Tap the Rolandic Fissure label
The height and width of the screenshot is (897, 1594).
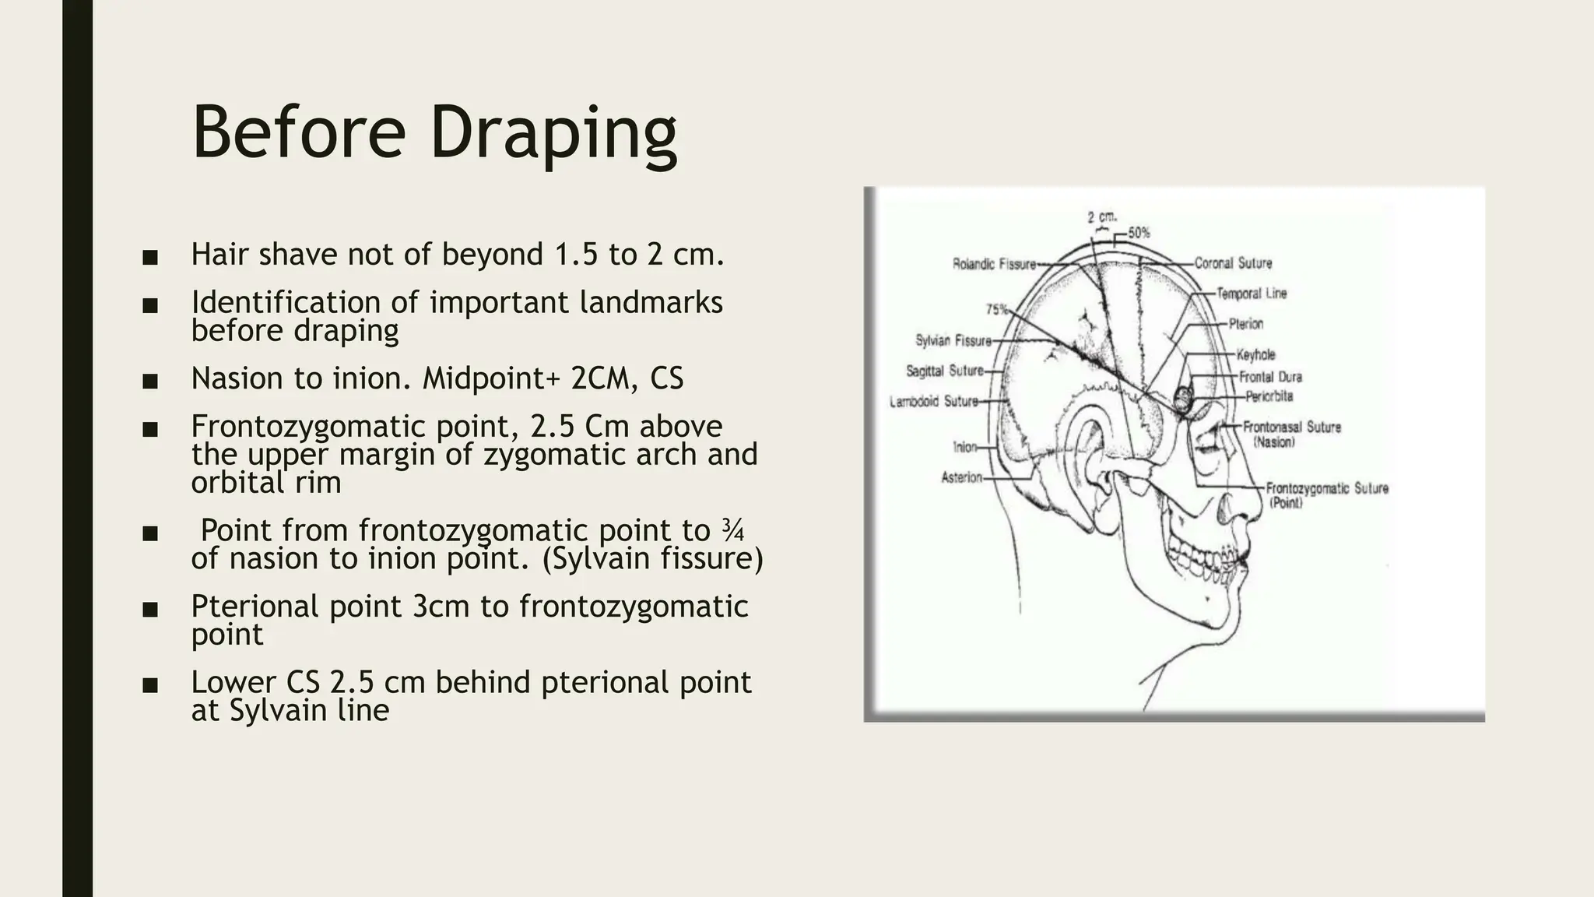[994, 265]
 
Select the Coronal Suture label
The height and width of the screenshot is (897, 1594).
[1233, 264]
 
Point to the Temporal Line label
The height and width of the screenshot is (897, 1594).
[1252, 294]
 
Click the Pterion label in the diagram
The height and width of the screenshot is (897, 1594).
[1246, 324]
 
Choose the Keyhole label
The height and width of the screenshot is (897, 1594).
[1255, 355]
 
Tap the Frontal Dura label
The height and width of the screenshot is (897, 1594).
[1270, 377]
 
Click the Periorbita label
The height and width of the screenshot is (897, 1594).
[1269, 396]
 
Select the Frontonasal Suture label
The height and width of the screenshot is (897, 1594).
[1291, 427]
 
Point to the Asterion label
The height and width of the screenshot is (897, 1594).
[961, 477]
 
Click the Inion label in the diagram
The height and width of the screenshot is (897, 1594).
[964, 447]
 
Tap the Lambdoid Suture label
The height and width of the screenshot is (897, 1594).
[933, 402]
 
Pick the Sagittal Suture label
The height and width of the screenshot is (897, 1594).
[944, 371]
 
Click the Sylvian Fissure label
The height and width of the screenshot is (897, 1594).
[953, 341]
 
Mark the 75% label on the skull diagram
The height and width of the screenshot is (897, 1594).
[996, 309]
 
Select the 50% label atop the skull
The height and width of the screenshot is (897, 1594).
[1139, 233]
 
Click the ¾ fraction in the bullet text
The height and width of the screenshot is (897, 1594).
[732, 531]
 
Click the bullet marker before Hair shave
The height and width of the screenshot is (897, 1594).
[150, 257]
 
